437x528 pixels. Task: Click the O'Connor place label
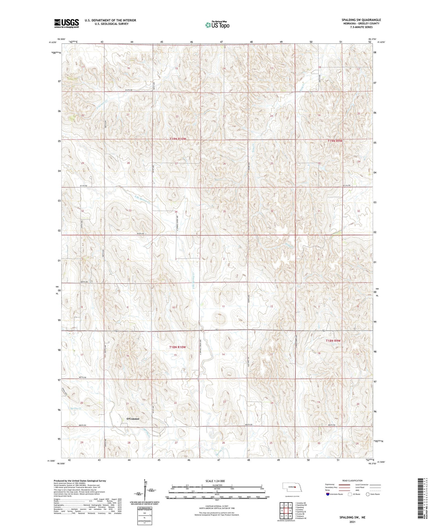click(x=133, y=419)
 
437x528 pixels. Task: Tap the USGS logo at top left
click(x=67, y=23)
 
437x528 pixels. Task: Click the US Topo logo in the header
click(x=217, y=25)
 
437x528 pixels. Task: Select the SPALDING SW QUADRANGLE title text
click(x=357, y=20)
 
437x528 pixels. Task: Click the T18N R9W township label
click(x=333, y=341)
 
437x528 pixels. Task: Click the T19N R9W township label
click(x=335, y=141)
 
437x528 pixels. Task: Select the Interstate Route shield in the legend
click(x=328, y=494)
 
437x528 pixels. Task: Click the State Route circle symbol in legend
click(x=368, y=494)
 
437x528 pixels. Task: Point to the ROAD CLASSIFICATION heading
click(x=353, y=481)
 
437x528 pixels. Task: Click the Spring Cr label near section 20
click(x=76, y=408)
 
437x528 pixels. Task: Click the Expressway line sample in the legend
click(x=345, y=484)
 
